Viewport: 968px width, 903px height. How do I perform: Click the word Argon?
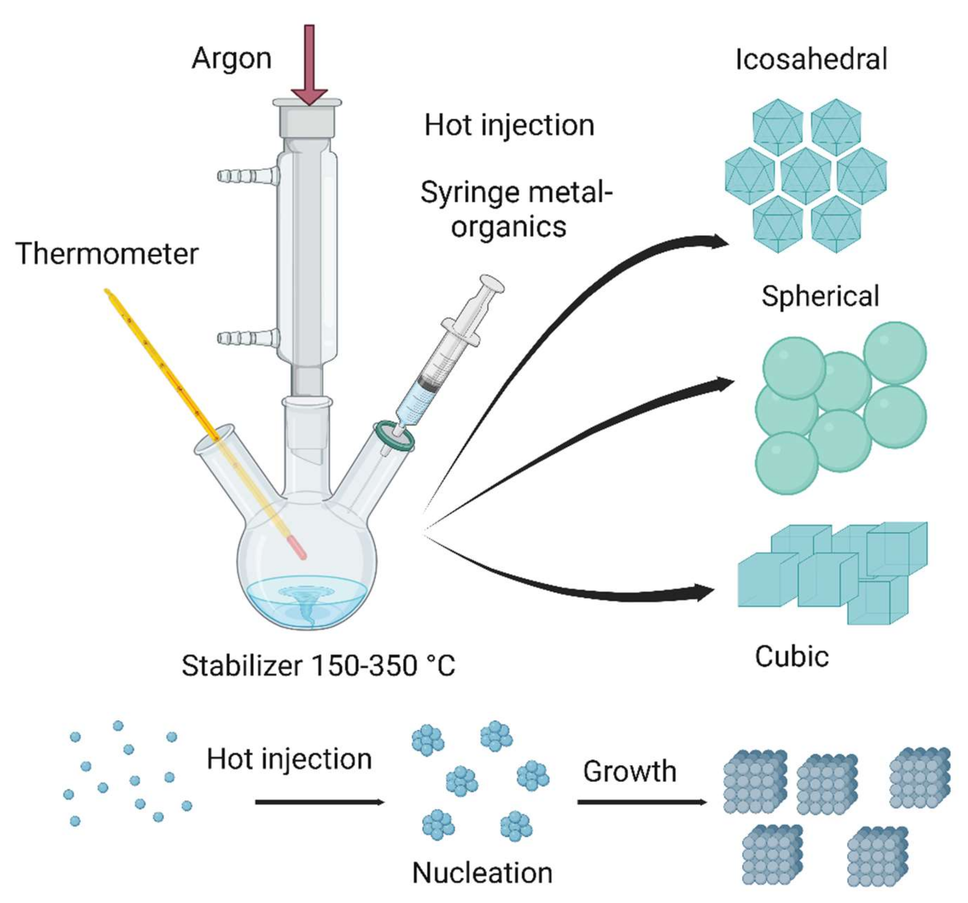click(x=231, y=59)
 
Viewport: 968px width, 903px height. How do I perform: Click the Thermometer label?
click(x=107, y=254)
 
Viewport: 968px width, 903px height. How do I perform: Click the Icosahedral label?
click(x=811, y=59)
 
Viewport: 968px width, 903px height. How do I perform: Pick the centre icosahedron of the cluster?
click(x=806, y=176)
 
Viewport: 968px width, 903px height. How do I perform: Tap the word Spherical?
click(x=821, y=296)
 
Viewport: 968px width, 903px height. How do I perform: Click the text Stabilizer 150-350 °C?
click(x=318, y=665)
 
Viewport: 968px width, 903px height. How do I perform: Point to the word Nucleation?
click(x=482, y=873)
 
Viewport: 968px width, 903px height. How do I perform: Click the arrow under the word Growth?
click(x=642, y=802)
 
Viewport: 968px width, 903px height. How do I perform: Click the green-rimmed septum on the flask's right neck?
click(x=394, y=437)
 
